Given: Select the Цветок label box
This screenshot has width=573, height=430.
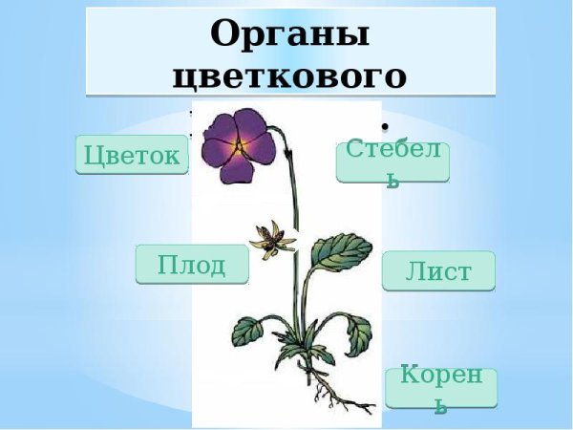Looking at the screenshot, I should pos(132,155).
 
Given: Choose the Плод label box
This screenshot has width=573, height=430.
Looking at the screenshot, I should pos(192,264).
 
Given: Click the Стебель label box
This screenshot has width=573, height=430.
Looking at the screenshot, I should pos(393,161).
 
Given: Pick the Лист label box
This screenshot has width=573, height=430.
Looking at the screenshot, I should pos(438,271).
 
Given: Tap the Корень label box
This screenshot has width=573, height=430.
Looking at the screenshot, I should pos(441,387).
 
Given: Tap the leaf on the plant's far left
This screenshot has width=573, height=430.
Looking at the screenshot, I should pos(246,331).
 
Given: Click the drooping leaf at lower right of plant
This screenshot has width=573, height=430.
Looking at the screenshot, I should pos(358,333).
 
